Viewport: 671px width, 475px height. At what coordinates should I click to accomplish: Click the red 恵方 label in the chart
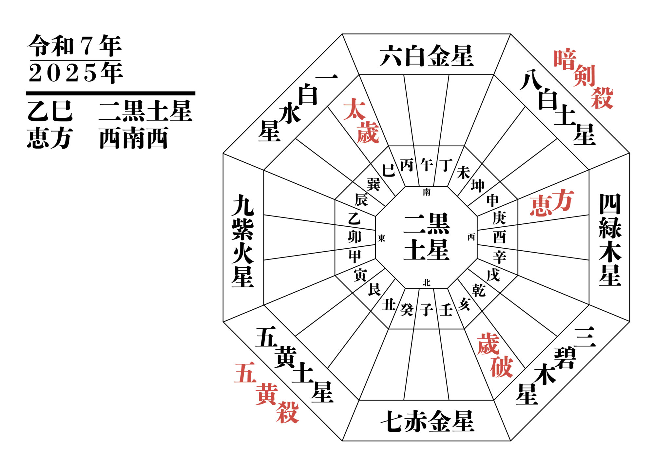click(551, 202)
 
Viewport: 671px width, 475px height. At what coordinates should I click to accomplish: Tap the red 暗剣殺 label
click(584, 79)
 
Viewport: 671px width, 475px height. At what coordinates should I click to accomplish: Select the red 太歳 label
click(361, 121)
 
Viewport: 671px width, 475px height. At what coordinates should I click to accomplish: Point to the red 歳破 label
click(495, 355)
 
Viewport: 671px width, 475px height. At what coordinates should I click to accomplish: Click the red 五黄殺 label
click(266, 393)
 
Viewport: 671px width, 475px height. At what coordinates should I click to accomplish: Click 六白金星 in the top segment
click(427, 56)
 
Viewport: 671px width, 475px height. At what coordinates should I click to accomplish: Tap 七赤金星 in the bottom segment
click(427, 421)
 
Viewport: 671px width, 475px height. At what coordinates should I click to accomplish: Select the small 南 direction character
click(427, 192)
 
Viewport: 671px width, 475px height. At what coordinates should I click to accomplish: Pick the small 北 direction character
click(427, 282)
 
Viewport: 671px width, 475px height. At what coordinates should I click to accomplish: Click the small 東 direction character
click(381, 238)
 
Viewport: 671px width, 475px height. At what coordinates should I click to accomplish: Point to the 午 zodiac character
click(427, 165)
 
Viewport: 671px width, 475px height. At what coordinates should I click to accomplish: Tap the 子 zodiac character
click(427, 309)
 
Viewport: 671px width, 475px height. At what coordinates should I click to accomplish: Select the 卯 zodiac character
click(355, 237)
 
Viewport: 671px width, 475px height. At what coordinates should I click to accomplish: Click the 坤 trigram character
click(478, 186)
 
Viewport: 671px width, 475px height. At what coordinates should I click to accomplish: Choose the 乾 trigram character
click(478, 290)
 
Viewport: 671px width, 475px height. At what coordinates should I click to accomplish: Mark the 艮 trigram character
click(374, 289)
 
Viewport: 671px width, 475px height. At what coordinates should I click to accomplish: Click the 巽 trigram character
click(374, 184)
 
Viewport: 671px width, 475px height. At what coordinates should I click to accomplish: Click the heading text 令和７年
click(75, 46)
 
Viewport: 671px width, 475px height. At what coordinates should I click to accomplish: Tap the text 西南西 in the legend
click(134, 138)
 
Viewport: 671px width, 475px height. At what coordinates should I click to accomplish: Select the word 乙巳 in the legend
click(50, 111)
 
